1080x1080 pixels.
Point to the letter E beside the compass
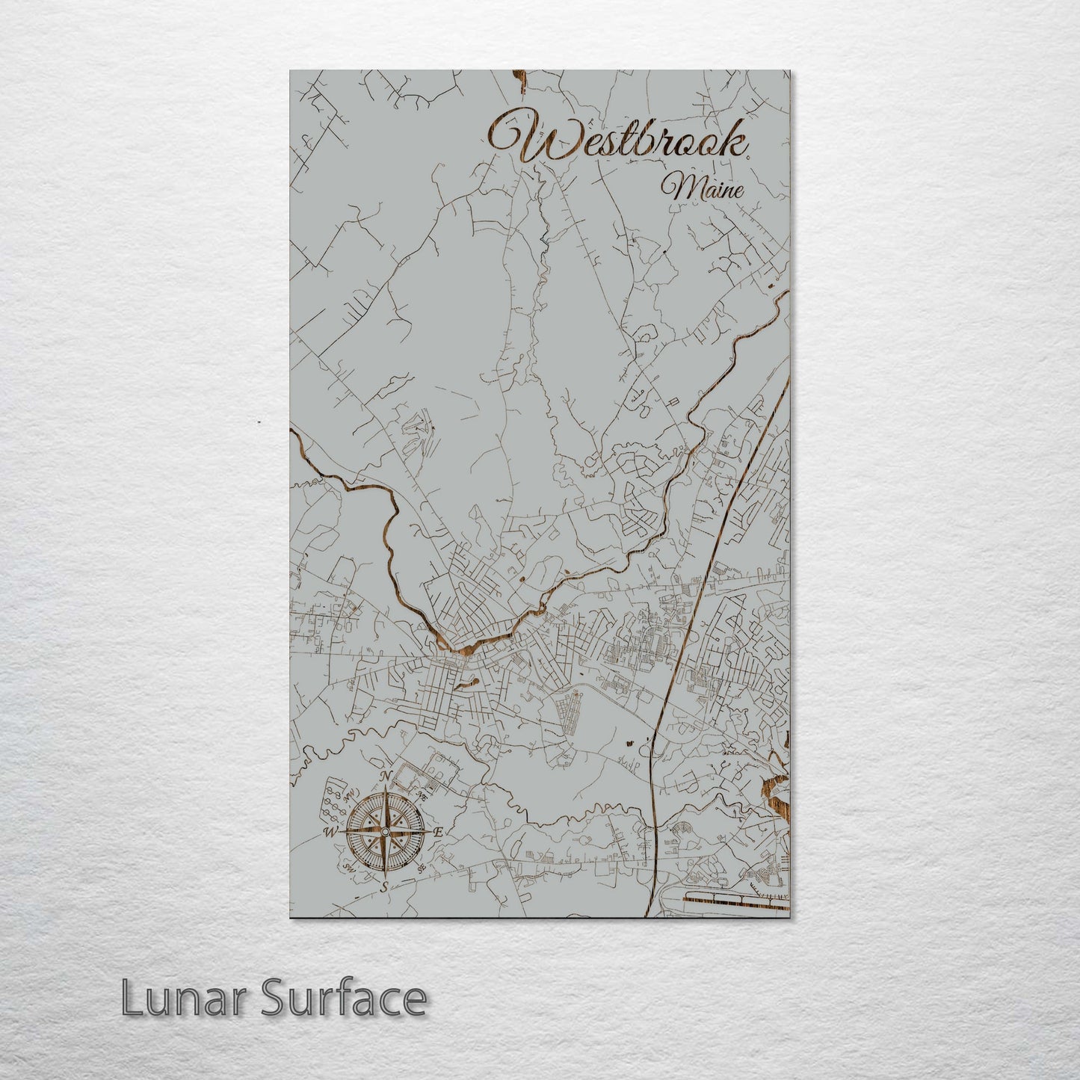coord(439,832)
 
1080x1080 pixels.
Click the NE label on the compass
coord(422,797)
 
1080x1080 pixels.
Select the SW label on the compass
coord(348,867)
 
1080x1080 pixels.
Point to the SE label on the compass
coord(423,867)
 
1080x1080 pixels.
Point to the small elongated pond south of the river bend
coord(471,682)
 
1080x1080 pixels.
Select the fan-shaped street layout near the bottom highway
coord(682,831)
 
